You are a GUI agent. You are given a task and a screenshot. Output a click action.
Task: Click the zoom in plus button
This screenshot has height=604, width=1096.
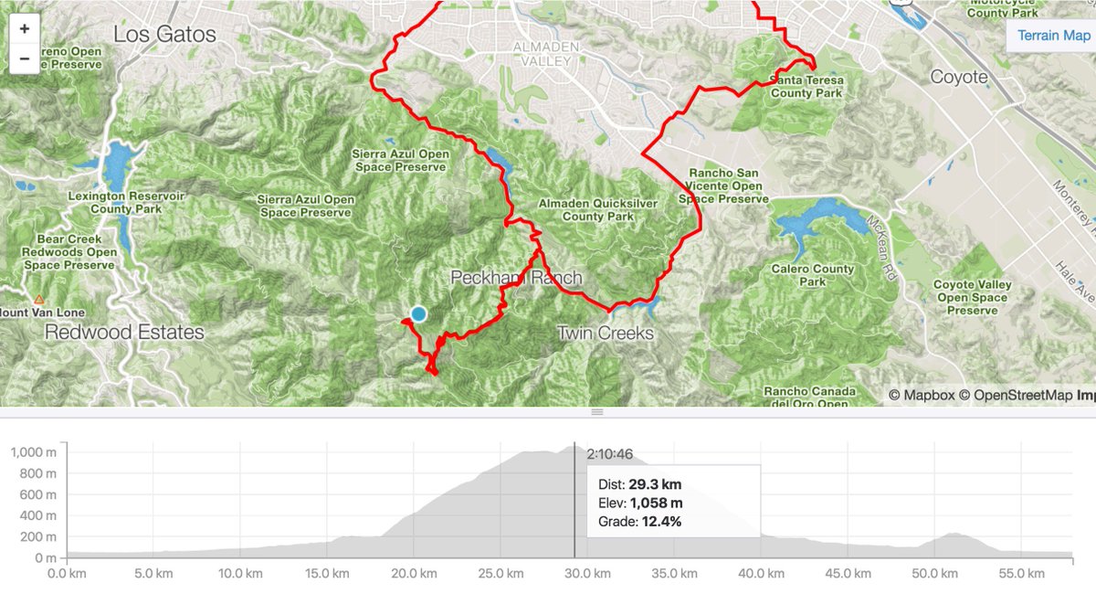point(24,28)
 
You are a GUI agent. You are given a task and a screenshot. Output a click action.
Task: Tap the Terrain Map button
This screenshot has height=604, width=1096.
point(1053,36)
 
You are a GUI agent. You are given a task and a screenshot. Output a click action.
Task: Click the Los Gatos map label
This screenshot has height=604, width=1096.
point(164,35)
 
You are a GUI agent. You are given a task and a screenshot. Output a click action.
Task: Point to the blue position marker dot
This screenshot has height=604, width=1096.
point(418,313)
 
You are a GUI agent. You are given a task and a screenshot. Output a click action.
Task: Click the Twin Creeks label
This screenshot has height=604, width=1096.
point(606,333)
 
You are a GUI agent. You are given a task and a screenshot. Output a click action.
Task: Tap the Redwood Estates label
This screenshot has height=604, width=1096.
point(124,331)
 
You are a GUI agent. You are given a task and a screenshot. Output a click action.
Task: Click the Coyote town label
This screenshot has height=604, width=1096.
point(959,77)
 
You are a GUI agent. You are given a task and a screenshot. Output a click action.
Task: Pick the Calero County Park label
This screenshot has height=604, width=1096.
point(813,275)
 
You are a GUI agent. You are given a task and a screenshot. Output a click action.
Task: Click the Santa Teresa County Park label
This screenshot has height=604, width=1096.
point(807,87)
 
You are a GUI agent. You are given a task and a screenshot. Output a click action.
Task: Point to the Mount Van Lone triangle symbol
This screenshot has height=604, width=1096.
point(38,300)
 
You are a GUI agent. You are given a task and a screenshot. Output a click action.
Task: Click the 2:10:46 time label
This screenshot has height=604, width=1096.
point(609,453)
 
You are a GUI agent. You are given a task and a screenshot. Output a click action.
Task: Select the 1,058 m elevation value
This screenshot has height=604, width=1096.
point(656,503)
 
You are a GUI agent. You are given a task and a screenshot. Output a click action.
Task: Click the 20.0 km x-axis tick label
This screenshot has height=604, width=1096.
point(413,574)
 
